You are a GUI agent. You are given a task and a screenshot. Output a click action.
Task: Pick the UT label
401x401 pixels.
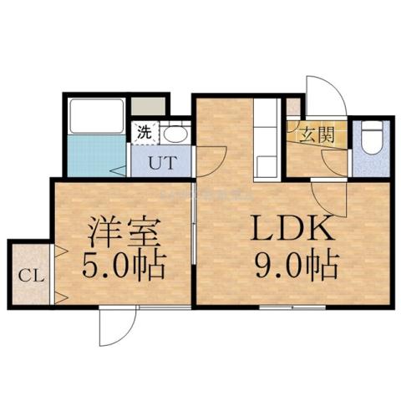pyautogui.click(x=160, y=162)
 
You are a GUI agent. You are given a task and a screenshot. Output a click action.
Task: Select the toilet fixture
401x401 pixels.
pyautogui.click(x=372, y=138)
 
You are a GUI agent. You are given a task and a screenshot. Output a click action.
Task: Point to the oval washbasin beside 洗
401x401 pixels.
pyautogui.click(x=175, y=133)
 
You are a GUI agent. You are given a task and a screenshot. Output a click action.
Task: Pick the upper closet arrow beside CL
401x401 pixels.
pyautogui.click(x=62, y=251)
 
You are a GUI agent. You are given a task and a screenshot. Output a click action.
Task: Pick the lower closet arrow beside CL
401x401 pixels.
pyautogui.click(x=62, y=297)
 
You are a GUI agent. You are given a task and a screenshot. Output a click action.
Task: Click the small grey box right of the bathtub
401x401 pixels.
pyautogui.click(x=149, y=107)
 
